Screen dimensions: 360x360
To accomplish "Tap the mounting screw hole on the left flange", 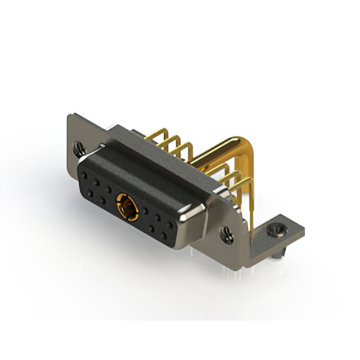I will tap(80, 149).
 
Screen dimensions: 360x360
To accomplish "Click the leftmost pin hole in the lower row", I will tap(90, 192).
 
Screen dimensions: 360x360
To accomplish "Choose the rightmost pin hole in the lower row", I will tap(165, 233).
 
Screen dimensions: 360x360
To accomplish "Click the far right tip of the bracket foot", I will tap(303, 231).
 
